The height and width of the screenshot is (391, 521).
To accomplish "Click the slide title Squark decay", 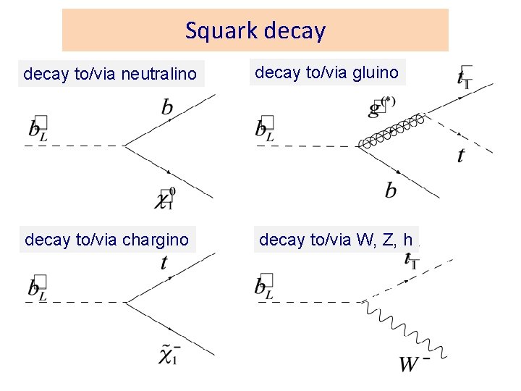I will point(255,30).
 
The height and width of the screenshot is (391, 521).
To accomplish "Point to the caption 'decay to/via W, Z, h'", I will point(336,239).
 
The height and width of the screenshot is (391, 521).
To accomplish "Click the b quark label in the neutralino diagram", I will point(167,108).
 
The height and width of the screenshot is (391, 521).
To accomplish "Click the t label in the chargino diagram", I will point(164,261).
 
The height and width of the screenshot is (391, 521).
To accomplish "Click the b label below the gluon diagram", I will point(391,190).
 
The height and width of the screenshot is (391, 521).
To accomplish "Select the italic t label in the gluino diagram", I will point(461,156).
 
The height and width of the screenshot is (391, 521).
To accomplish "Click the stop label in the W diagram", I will point(410,259).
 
